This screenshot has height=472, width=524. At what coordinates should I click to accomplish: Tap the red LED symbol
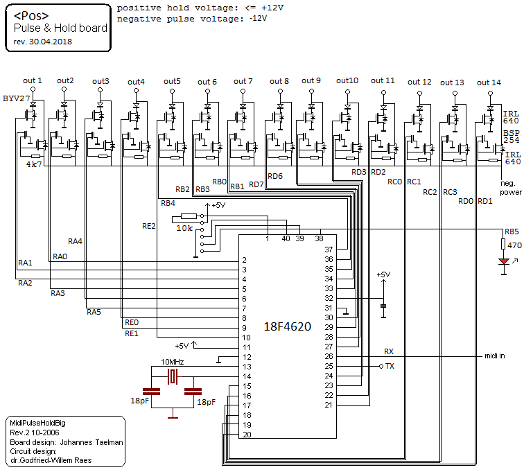coord(504,261)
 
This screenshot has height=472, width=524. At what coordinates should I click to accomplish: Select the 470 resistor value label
coord(514,245)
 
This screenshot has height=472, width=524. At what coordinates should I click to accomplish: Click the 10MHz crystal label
coord(173,362)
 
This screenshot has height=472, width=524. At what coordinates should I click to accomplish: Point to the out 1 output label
coord(33,80)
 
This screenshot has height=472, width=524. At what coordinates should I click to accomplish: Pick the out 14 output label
coord(489,82)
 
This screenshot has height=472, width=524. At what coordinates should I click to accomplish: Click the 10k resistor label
coord(185,227)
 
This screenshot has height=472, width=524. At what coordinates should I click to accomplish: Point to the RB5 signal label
coord(512,231)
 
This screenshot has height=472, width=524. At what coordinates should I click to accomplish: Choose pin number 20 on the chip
coord(245,435)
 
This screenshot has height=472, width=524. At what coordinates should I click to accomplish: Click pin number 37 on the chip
coord(329,249)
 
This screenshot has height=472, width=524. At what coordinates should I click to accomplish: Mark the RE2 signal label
coord(149,226)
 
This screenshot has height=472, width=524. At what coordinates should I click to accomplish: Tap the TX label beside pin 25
coord(390,366)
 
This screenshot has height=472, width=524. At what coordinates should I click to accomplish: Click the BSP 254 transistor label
coord(512,137)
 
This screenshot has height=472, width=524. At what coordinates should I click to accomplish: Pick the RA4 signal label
coord(76,241)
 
